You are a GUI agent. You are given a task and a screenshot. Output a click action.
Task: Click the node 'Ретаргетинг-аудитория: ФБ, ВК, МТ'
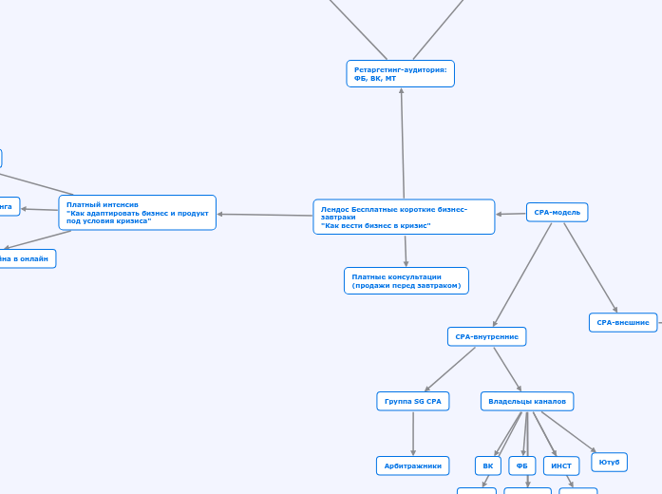pyautogui.click(x=400, y=73)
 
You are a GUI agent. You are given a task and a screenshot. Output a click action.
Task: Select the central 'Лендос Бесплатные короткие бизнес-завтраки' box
pyautogui.click(x=404, y=217)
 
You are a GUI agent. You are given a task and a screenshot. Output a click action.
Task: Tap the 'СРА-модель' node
pyautogui.click(x=557, y=212)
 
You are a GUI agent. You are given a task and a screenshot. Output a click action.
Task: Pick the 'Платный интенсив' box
pyautogui.click(x=137, y=213)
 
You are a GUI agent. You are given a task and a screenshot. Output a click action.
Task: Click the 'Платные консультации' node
pyautogui.click(x=406, y=280)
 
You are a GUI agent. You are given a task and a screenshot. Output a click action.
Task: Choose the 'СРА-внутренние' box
pyautogui.click(x=486, y=336)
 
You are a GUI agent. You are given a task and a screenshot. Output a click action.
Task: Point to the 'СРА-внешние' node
pyautogui.click(x=623, y=322)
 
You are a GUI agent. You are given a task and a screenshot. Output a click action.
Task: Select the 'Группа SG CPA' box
pyautogui.click(x=412, y=401)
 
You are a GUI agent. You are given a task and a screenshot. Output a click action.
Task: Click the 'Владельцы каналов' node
pyautogui.click(x=526, y=401)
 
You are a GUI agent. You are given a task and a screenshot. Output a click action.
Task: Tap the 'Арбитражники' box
pyautogui.click(x=412, y=465)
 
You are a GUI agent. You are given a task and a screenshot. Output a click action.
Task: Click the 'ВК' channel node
pyautogui.click(x=487, y=465)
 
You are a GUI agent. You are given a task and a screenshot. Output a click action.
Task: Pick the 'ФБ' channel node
pyautogui.click(x=521, y=465)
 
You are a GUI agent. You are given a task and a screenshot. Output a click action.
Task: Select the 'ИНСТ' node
pyautogui.click(x=560, y=465)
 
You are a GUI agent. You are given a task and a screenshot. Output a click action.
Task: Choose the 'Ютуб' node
pyautogui.click(x=609, y=462)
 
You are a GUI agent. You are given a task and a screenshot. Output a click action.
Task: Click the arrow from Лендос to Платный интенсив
pyautogui.click(x=266, y=215)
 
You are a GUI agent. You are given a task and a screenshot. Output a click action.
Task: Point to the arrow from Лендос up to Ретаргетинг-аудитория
pyautogui.click(x=403, y=142)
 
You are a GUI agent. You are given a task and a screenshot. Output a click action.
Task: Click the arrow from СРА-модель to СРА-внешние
pyautogui.click(x=590, y=266)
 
